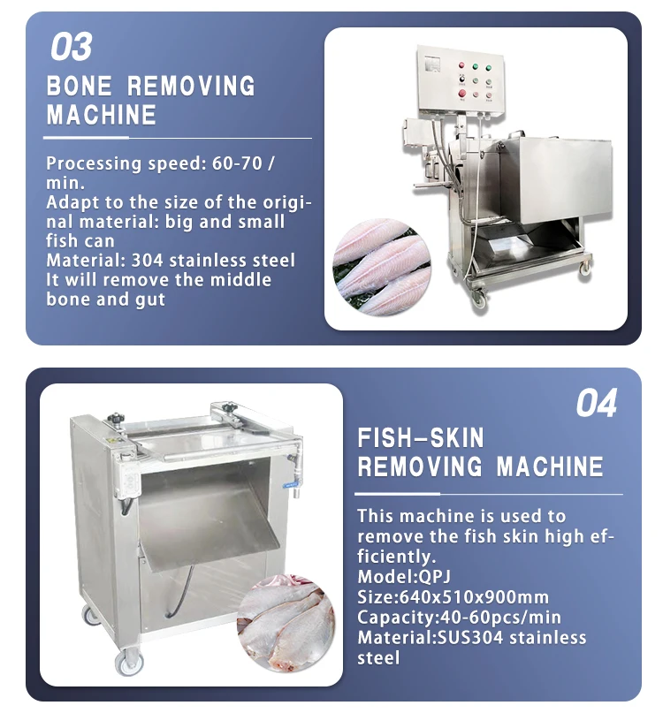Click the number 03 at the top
pyautogui.click(x=72, y=47)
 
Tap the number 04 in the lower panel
pyautogui.click(x=597, y=404)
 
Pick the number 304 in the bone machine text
pyautogui.click(x=149, y=261)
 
